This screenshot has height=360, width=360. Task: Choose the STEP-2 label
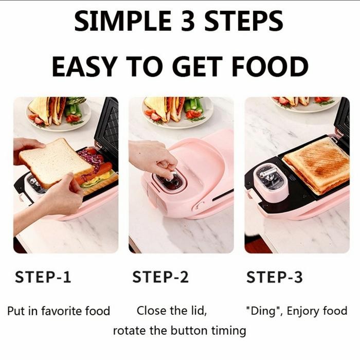160,277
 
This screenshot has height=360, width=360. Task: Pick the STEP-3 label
275,277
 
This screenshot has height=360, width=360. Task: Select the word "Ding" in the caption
263,311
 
